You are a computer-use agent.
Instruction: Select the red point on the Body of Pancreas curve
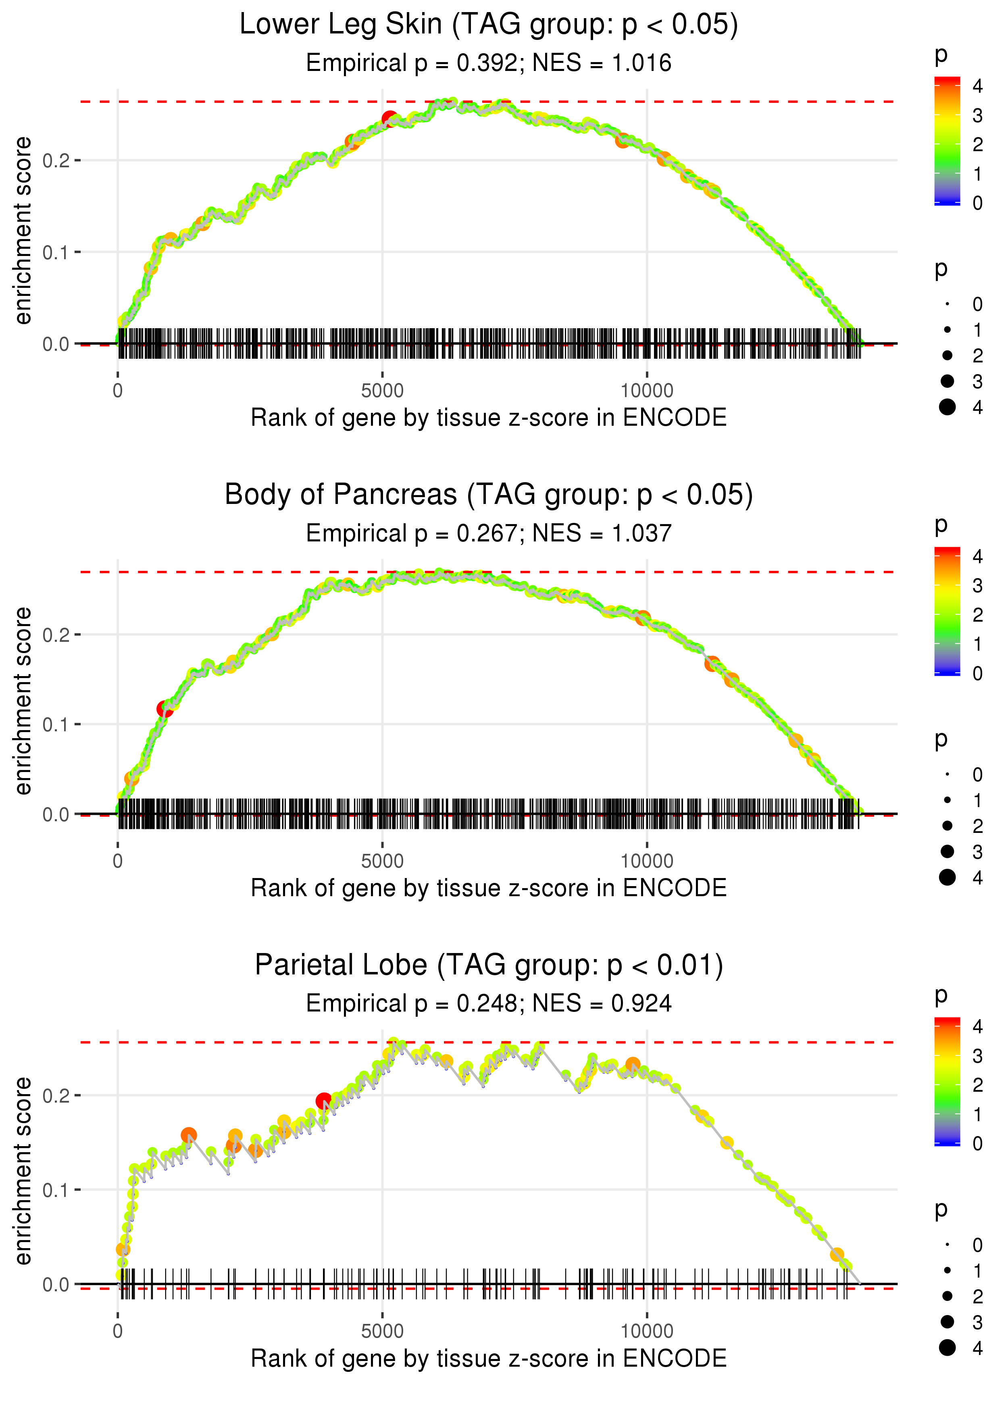[x=165, y=709]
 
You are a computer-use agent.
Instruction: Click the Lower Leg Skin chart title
[x=489, y=25]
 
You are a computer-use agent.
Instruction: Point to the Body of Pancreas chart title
[x=489, y=495]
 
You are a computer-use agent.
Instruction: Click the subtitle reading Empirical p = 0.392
[x=489, y=62]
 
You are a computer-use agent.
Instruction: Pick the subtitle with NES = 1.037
[x=489, y=533]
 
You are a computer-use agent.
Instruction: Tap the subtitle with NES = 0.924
[x=489, y=1003]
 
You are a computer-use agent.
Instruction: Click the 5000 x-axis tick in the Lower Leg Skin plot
[x=382, y=391]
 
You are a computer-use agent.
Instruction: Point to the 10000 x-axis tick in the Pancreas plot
[x=647, y=861]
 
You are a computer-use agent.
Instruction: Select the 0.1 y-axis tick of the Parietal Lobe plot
[x=56, y=1190]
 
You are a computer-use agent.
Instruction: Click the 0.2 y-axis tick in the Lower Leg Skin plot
[x=56, y=161]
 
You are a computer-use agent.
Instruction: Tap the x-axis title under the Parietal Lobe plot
[x=489, y=1358]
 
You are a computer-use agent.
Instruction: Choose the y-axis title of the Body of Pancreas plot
[x=23, y=701]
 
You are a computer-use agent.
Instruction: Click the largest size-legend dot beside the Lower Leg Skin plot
[x=947, y=407]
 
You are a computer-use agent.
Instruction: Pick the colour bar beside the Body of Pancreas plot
[x=947, y=611]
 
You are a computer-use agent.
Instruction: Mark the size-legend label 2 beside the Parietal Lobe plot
[x=978, y=1296]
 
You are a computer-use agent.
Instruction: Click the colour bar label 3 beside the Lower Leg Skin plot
[x=978, y=115]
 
